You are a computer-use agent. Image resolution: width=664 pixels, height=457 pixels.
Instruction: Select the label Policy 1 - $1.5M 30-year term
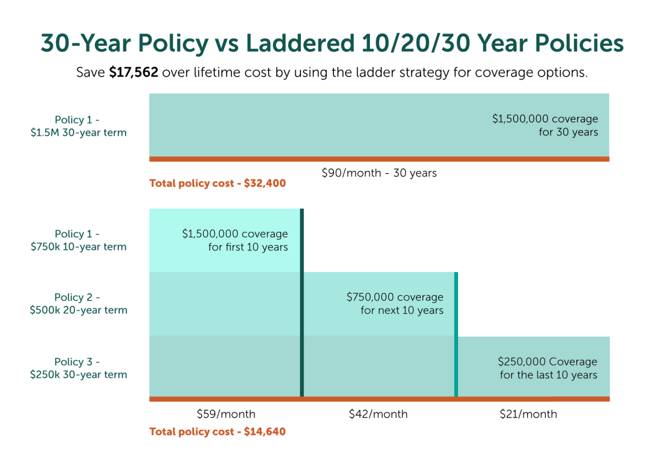[x=78, y=126]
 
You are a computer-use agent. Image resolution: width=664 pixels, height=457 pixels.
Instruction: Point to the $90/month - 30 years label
[x=379, y=173]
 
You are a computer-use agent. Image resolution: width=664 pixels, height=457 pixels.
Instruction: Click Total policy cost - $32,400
[x=217, y=183]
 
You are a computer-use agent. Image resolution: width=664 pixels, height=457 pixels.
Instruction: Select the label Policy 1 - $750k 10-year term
[x=78, y=240]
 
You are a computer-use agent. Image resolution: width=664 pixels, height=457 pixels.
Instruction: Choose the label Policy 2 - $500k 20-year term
[x=78, y=304]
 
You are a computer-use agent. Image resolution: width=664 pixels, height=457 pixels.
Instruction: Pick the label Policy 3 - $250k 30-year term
[x=78, y=368]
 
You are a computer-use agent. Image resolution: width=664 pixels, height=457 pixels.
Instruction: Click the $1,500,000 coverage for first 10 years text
[x=235, y=240]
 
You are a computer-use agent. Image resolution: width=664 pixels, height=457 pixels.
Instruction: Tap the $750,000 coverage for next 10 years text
[x=395, y=304]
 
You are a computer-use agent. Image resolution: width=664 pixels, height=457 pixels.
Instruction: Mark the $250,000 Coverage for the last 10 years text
[x=548, y=368]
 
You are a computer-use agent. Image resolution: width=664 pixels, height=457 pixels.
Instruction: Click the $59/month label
[x=226, y=414]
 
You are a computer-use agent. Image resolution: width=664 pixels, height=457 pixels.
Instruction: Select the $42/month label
[x=378, y=414]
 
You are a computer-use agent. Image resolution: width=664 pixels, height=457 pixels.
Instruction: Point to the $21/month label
[x=528, y=414]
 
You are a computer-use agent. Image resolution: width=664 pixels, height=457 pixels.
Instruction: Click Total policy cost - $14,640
[x=217, y=432]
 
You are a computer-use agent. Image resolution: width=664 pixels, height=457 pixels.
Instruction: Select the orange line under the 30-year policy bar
[x=379, y=159]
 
